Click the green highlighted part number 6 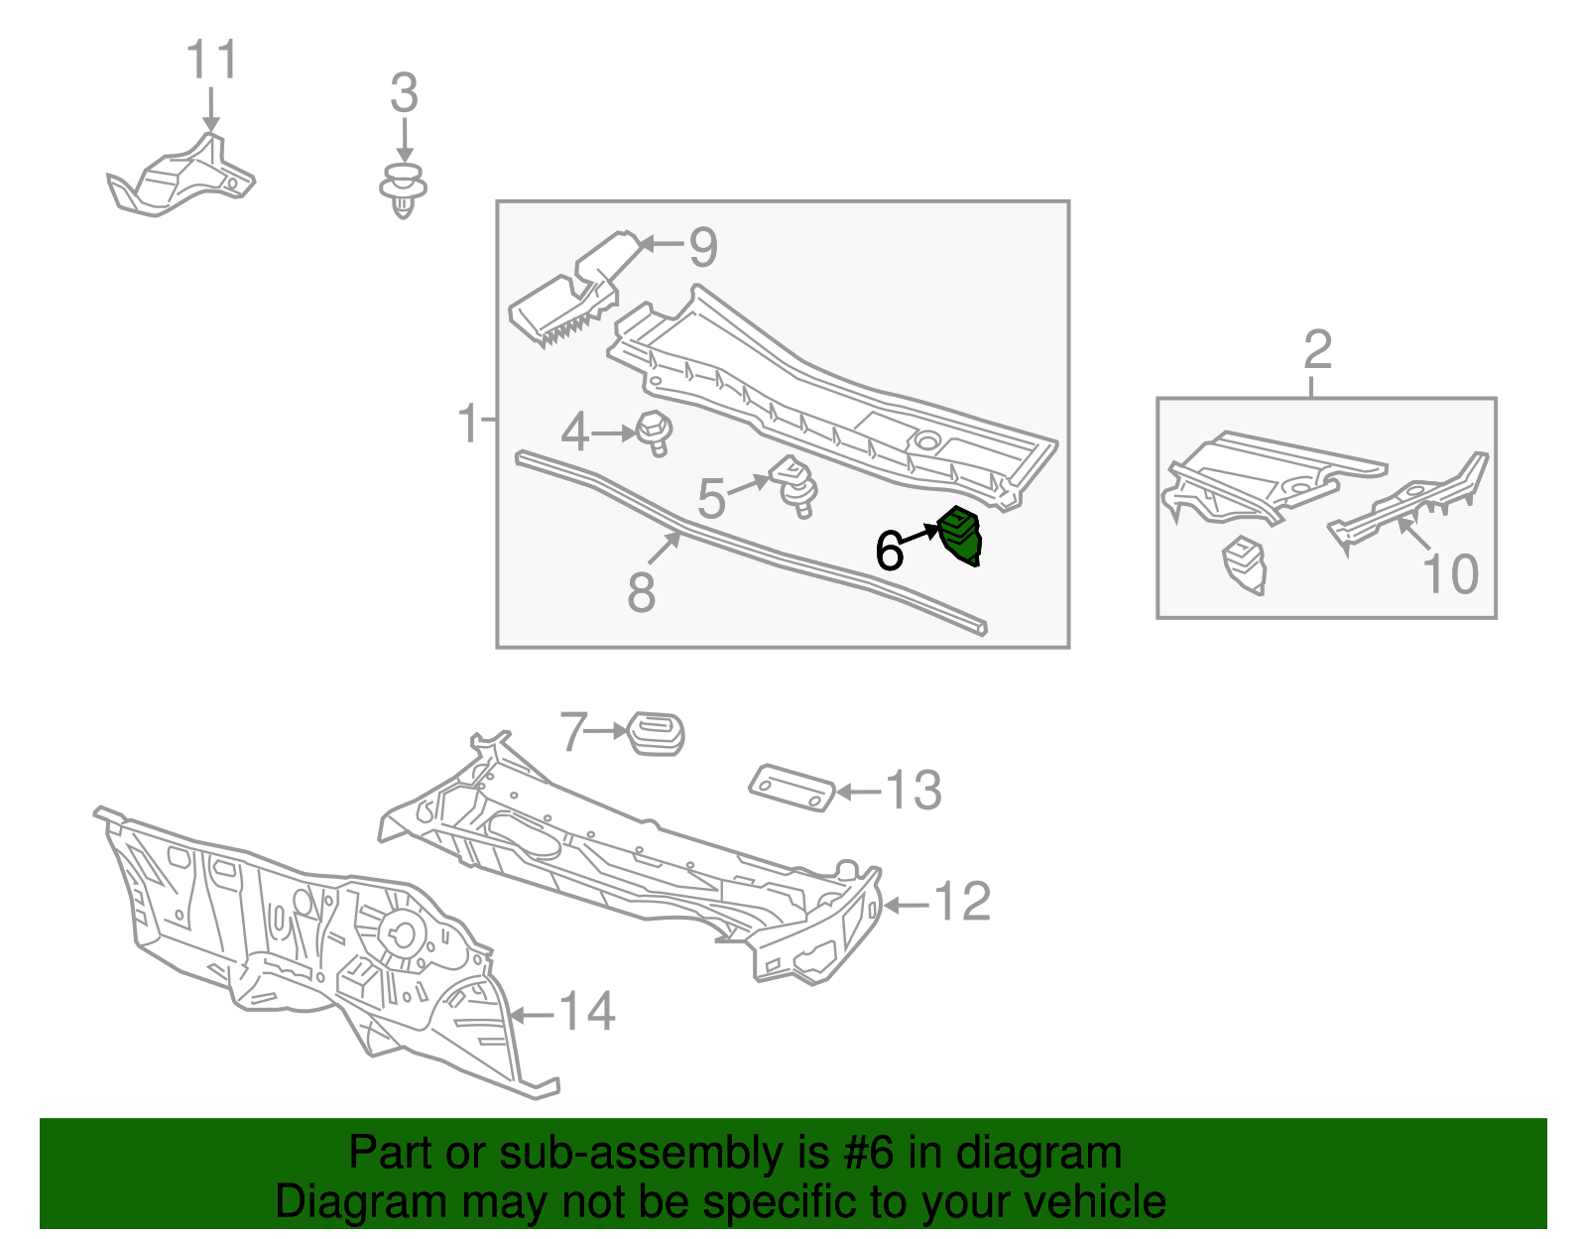coord(959,537)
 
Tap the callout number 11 coord(212,62)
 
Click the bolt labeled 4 coord(655,433)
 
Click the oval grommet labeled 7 coord(657,733)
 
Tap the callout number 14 coord(587,1013)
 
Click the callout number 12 coord(962,903)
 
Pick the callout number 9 coord(702,247)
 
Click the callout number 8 coord(642,592)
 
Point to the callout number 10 coord(1450,574)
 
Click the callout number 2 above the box coord(1317,350)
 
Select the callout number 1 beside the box coord(468,424)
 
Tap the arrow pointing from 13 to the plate coord(859,792)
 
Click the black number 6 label coord(889,552)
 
